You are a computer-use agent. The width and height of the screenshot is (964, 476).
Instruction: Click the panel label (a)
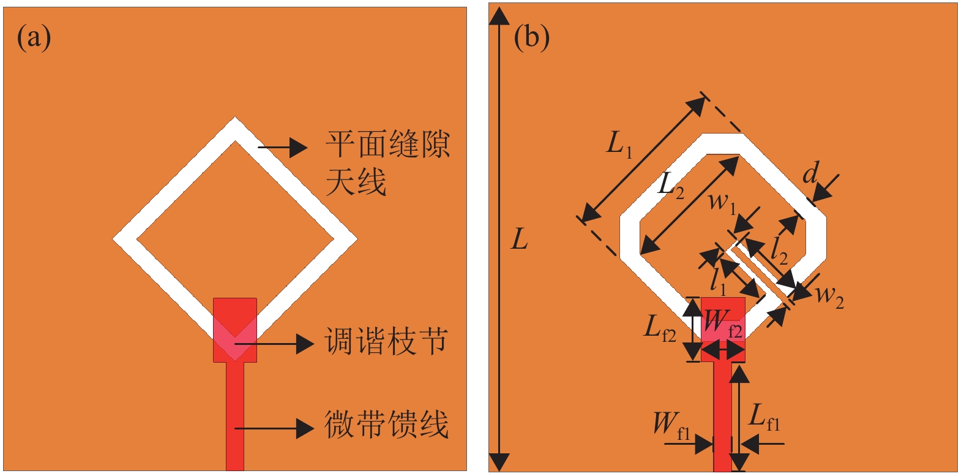pyautogui.click(x=34, y=38)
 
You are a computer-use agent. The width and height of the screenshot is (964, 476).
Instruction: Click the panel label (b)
pyautogui.click(x=531, y=38)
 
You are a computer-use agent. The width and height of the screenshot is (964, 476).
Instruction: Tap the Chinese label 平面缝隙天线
pyautogui.click(x=387, y=163)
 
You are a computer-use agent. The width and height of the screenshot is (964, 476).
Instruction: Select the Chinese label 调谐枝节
pyautogui.click(x=386, y=341)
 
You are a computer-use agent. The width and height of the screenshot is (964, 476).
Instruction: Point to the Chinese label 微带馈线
pyautogui.click(x=386, y=425)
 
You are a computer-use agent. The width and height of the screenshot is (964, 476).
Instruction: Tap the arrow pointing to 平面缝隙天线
pyautogui.click(x=282, y=147)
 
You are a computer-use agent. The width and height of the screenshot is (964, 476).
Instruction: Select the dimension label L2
pyautogui.click(x=670, y=184)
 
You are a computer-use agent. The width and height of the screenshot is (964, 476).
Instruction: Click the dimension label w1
pyautogui.click(x=722, y=202)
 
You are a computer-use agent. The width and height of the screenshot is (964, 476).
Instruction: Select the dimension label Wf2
pyautogui.click(x=722, y=323)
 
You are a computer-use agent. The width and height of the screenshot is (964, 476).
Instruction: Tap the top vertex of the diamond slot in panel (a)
pyautogui.click(x=235, y=120)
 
